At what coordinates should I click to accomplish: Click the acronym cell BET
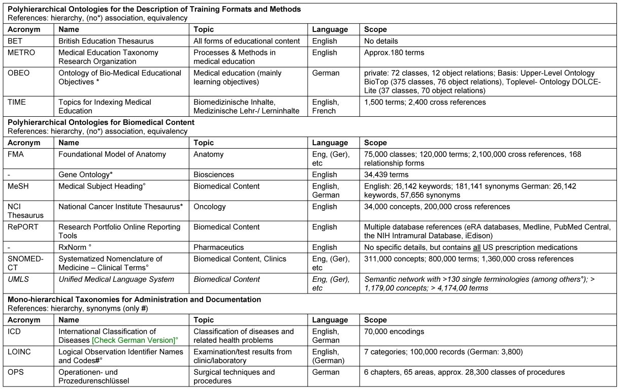click(15, 41)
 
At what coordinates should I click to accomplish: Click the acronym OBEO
click(19, 73)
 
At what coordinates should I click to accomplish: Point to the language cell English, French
click(325, 107)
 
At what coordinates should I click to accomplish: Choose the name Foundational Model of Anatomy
click(112, 154)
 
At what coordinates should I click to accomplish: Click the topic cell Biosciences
click(214, 175)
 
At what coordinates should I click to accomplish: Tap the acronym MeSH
click(18, 186)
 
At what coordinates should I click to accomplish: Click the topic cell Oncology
click(210, 207)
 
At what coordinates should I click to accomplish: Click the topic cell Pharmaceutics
click(219, 247)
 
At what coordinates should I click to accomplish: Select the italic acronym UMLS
click(18, 279)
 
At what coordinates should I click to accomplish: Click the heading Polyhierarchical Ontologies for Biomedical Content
click(101, 122)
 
